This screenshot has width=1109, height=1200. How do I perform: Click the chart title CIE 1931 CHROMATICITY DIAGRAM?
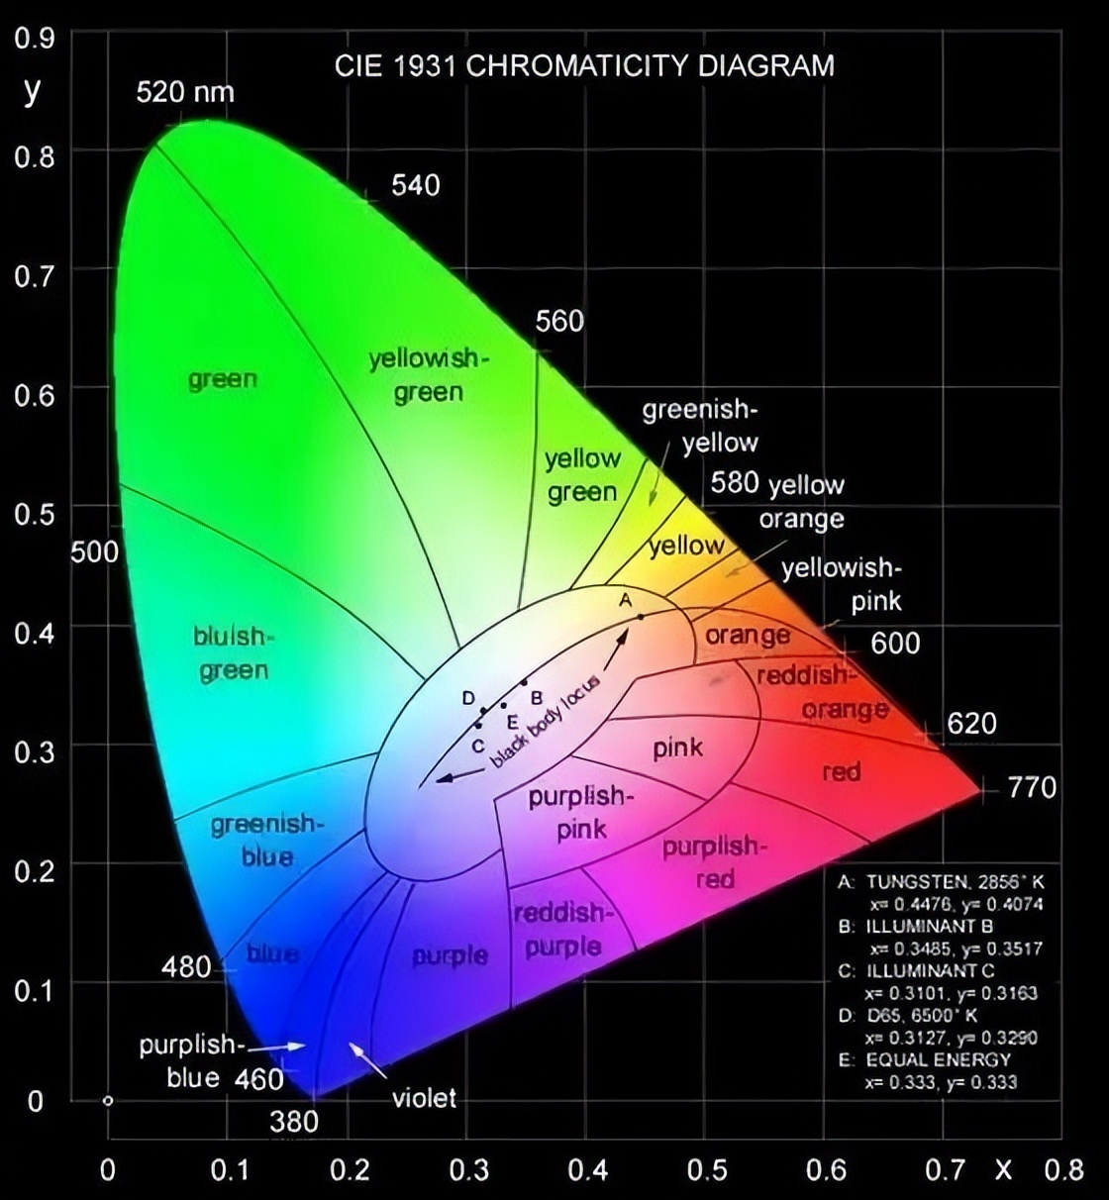[x=584, y=66]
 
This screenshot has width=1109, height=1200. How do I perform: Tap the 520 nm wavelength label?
[x=185, y=92]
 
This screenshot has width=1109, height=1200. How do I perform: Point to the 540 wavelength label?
[x=415, y=185]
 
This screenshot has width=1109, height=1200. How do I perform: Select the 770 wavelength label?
[x=1031, y=788]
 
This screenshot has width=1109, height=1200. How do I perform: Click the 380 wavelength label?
[x=294, y=1121]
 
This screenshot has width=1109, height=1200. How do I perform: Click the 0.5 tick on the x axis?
[x=707, y=1170]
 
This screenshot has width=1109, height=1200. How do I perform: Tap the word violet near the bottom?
[x=424, y=1097]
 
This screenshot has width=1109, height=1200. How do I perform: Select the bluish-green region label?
[x=232, y=653]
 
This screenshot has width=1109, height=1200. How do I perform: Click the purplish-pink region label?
[x=579, y=812]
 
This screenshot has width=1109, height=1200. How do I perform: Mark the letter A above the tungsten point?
[x=625, y=600]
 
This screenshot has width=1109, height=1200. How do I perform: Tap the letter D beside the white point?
[x=468, y=698]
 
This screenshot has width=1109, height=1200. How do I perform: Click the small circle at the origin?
[x=108, y=1100]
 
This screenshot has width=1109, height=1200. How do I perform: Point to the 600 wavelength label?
[x=895, y=644]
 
